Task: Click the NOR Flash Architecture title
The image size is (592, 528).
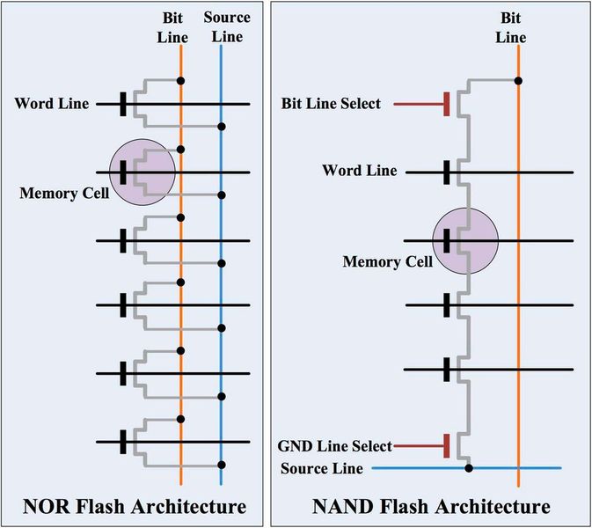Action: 135,506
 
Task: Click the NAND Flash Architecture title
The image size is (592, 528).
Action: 432,506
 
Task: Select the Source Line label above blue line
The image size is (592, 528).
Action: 226,26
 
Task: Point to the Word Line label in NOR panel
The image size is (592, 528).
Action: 51,105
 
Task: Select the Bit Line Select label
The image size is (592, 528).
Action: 331,104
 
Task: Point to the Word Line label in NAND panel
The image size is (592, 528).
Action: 359,171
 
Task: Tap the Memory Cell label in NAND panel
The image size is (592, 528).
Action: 384,260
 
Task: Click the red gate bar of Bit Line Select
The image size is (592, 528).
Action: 448,104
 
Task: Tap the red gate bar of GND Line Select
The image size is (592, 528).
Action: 448,446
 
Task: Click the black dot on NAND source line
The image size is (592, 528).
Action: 469,468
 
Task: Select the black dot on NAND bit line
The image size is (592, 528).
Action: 518,81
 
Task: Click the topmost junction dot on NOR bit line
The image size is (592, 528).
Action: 180,81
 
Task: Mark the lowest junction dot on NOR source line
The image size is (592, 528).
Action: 221,464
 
